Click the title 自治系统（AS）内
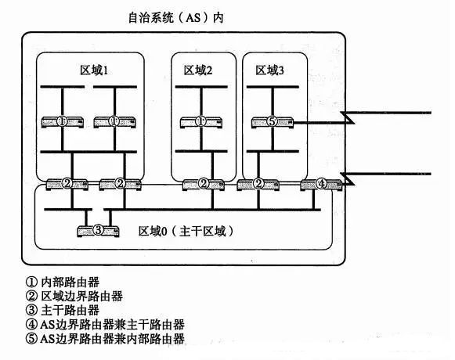[176, 18]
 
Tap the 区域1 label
[94, 70]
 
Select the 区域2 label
[198, 70]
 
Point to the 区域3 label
[269, 70]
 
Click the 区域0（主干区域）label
[186, 231]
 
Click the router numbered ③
[98, 231]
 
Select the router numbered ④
[321, 184]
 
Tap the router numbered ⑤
[273, 122]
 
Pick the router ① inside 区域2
[201, 122]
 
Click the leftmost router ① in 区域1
[63, 122]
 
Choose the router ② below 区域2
[204, 184]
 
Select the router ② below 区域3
[258, 184]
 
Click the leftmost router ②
[67, 184]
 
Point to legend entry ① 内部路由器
[63, 282]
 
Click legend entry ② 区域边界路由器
[74, 296]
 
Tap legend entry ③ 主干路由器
[63, 311]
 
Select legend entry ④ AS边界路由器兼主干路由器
[105, 324]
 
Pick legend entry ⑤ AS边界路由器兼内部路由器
[105, 339]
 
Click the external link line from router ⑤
[362, 117]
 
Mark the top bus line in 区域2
[201, 87]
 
